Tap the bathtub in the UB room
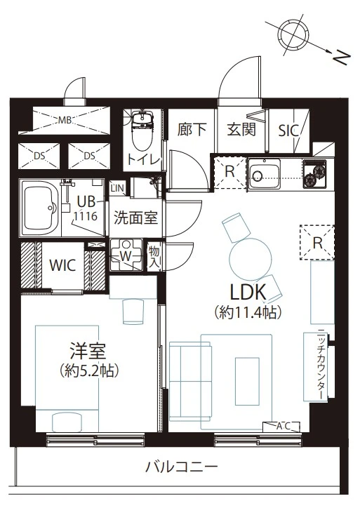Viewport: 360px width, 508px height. pos(40,208)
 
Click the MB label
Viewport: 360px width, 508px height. pos(65,121)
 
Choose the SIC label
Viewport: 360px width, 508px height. pos(288,131)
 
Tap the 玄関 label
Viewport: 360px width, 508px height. pos(241,130)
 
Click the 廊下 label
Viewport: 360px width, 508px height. pos(192,130)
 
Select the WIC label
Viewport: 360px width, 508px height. pos(63,265)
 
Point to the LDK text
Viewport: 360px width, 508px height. pos(248,292)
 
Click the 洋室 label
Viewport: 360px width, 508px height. pos(88,352)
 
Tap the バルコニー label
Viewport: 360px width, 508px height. pos(182,467)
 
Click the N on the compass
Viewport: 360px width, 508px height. pos(342,59)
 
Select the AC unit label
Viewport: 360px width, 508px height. pos(284,427)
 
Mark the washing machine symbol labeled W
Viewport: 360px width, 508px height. pos(126,256)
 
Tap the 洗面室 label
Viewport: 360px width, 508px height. pos(135,218)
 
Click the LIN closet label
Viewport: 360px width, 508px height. pos(117,188)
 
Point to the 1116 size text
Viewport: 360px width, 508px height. pos(85,216)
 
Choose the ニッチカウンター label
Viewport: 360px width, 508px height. pos(321,364)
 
